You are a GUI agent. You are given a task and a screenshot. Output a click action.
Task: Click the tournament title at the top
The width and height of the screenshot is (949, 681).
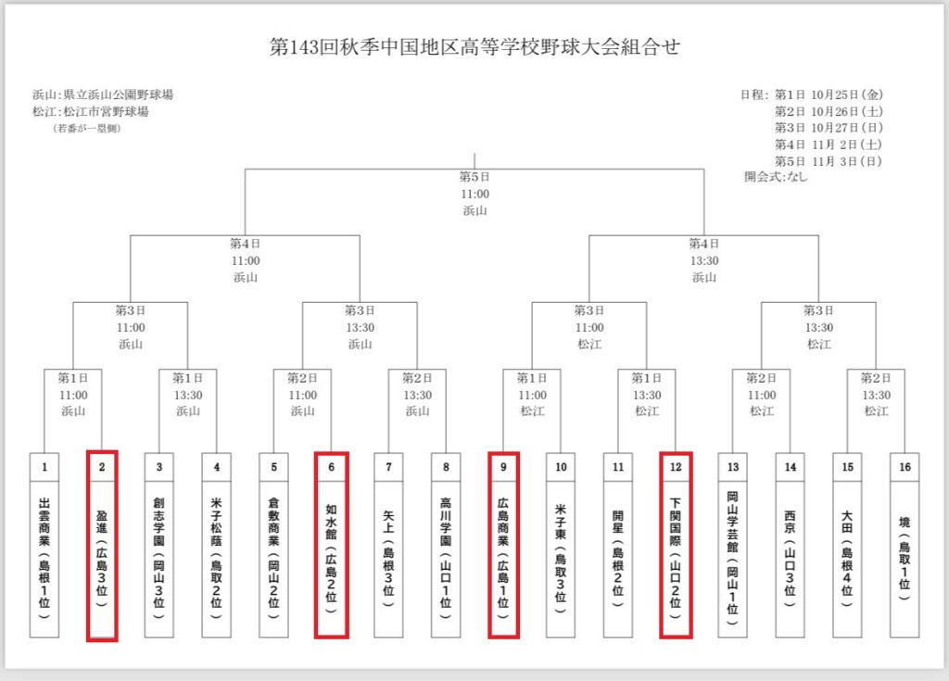point(474,46)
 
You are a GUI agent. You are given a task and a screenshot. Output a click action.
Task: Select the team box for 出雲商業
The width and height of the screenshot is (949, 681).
point(44,545)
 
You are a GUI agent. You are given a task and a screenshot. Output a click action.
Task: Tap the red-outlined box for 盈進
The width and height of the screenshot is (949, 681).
point(102,545)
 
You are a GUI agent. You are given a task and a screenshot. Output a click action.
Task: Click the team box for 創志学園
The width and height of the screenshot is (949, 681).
point(159,545)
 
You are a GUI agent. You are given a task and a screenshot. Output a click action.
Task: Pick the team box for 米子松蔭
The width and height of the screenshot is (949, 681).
point(217,545)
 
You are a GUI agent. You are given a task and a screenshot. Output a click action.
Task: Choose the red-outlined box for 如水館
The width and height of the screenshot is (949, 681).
point(331,545)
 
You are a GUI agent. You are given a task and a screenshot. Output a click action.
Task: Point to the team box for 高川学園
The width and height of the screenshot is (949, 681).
point(446,545)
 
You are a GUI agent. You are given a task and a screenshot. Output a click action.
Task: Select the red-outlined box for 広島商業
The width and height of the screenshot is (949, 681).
point(503,545)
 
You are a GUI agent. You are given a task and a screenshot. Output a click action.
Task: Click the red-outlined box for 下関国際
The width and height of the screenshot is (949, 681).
point(676,545)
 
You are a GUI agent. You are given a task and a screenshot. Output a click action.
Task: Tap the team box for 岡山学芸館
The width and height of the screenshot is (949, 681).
point(733,545)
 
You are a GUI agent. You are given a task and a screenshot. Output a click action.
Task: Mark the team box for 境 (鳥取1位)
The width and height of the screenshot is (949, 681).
point(905,545)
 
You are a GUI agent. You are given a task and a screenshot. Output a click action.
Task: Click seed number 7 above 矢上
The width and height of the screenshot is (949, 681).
point(388,467)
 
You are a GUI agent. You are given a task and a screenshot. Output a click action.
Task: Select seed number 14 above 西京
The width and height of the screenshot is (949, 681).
point(791,467)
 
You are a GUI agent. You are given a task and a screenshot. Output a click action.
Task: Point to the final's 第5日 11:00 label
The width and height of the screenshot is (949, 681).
point(474,185)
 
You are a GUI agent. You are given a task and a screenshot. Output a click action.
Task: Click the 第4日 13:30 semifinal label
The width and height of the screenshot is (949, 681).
point(704,252)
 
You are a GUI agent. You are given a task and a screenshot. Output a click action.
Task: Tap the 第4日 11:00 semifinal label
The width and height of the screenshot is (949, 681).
point(245,252)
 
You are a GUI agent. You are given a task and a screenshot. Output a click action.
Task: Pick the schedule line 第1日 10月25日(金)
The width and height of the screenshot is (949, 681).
point(829,95)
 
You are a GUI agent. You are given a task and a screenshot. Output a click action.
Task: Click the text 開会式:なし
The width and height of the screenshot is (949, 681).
point(776,177)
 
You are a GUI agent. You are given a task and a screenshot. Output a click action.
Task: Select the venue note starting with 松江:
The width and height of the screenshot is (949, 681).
point(91,111)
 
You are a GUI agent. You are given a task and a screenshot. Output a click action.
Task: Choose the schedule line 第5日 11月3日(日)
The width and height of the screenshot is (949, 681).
point(829,161)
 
